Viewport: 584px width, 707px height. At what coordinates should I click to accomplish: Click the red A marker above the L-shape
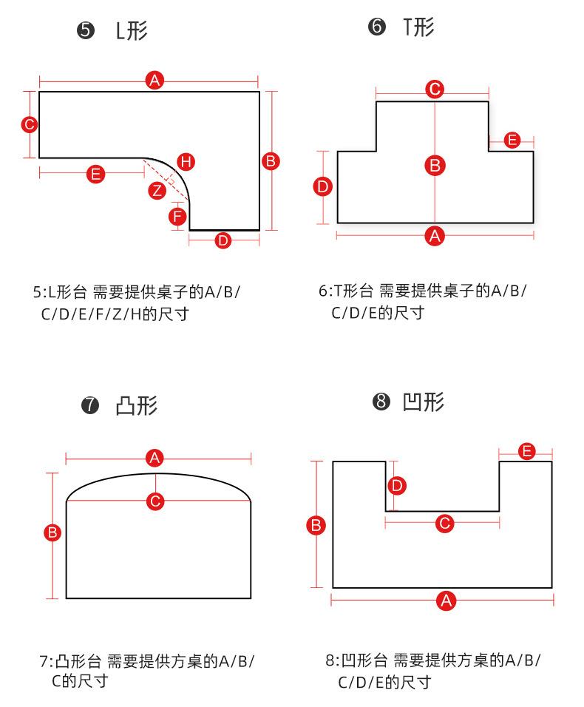(x=154, y=80)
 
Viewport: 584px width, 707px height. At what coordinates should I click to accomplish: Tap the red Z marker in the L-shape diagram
(x=157, y=190)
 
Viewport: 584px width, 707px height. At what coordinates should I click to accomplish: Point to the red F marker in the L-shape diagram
(x=177, y=217)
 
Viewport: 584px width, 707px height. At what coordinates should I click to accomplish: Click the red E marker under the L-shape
(x=95, y=174)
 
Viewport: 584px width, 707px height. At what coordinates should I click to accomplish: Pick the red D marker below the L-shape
(x=223, y=240)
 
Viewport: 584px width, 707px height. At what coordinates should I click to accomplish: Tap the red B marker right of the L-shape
(x=271, y=160)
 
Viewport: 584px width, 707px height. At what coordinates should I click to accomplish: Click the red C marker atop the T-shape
(x=435, y=89)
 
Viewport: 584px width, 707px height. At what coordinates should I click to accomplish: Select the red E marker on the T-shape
(x=512, y=140)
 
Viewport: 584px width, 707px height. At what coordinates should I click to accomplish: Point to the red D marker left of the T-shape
(x=323, y=186)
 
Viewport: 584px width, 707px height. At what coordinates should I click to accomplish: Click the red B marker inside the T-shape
(x=435, y=165)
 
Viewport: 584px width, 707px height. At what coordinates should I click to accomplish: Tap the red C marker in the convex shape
(x=155, y=501)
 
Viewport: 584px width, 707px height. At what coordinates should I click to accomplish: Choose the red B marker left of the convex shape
(x=52, y=532)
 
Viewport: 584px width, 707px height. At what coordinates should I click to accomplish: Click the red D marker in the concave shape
(x=397, y=486)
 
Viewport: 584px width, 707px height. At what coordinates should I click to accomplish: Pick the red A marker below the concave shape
(x=445, y=601)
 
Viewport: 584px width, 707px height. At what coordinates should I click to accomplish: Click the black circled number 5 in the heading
(x=86, y=32)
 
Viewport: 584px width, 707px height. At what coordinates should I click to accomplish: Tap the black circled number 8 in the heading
(x=381, y=402)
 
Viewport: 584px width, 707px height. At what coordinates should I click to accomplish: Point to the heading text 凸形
(x=137, y=405)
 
